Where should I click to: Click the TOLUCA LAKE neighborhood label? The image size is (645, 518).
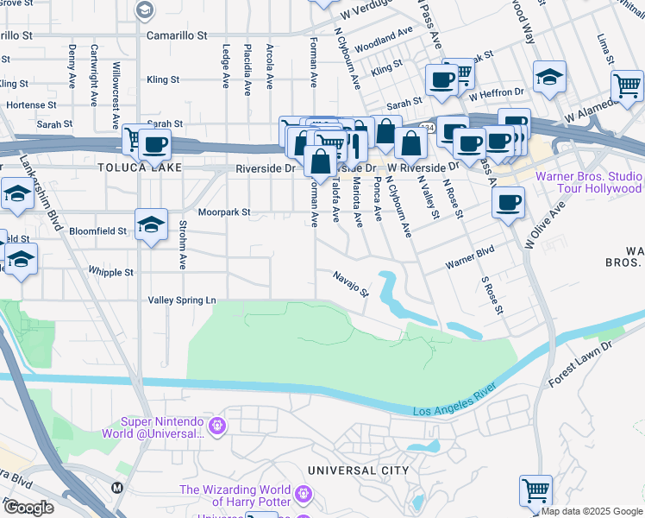coord(140,167)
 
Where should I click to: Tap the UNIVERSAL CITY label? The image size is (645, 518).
coord(358,471)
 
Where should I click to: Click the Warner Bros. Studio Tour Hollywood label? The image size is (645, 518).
coord(589,182)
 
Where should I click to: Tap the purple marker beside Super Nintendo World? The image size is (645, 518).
coord(216,426)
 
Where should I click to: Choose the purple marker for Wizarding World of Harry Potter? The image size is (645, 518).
coord(302,495)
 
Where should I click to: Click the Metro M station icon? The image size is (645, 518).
coord(117,487)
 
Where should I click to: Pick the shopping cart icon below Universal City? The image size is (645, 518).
coord(536,490)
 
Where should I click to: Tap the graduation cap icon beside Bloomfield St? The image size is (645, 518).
coord(151,225)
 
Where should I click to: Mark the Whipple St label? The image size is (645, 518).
coord(110,272)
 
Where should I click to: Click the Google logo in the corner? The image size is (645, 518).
coord(28,507)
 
